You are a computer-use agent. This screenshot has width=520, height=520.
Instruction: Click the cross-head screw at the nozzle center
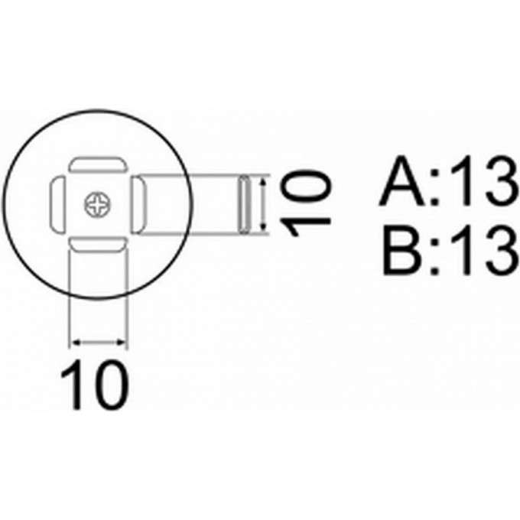pos(99,204)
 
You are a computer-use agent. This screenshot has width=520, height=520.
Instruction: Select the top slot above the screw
pos(99,166)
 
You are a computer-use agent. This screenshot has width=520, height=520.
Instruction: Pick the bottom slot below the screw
pos(99,245)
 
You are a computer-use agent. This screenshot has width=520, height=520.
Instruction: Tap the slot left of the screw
pos(57,205)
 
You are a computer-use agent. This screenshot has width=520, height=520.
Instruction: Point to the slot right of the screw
pos(139,205)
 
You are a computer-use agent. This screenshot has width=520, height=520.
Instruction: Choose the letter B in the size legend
pos(401,250)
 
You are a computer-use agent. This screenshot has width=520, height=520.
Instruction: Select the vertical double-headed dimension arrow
pos(263,204)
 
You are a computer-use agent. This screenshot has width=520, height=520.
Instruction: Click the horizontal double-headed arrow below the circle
pos(99,343)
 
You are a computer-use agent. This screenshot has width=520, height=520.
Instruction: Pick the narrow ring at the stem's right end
pos(245,204)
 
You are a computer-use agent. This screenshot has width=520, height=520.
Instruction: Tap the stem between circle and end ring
pos(211,204)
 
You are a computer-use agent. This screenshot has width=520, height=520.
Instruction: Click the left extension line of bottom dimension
pos(70,298)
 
